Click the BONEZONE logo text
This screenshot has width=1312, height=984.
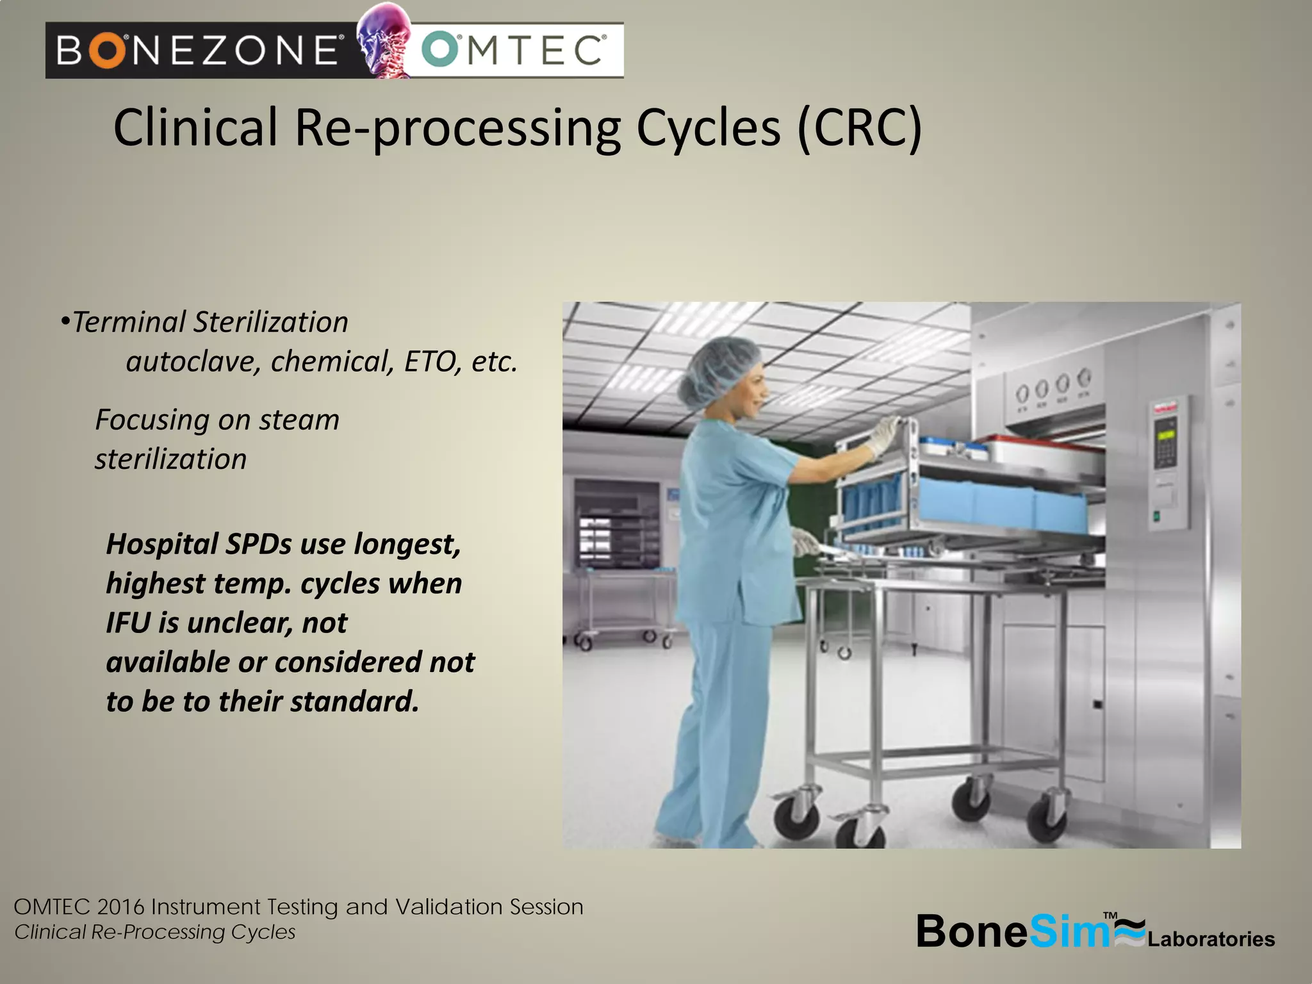197,50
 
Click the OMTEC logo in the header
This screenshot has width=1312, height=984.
514,50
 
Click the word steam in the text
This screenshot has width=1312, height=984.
299,420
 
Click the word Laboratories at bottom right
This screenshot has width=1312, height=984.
1211,939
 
